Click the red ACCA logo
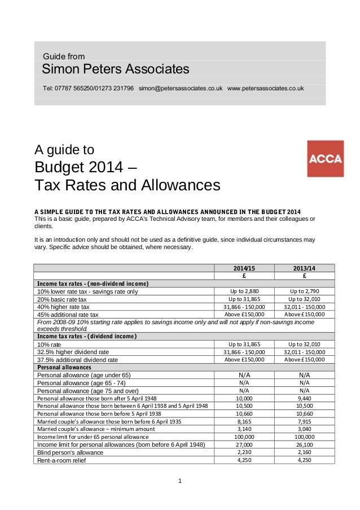(324, 159)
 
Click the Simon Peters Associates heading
(116, 69)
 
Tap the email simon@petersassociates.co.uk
(180, 89)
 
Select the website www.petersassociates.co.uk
(265, 89)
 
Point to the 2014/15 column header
(244, 268)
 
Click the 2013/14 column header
(304, 268)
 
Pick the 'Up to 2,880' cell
(244, 291)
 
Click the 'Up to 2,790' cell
(304, 291)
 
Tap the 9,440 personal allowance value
(304, 398)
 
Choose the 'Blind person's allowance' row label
(69, 452)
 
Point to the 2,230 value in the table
(244, 452)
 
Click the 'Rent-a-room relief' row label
(62, 460)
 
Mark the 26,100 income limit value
(304, 444)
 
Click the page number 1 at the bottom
(179, 481)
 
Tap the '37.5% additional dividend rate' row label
(77, 359)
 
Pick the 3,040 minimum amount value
(304, 429)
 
